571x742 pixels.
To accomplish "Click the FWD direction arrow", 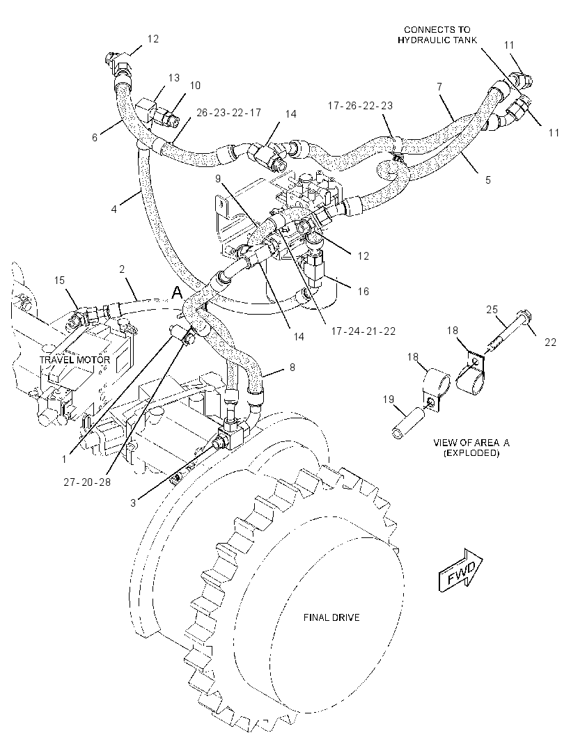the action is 460,570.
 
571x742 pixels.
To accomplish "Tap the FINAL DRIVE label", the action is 331,617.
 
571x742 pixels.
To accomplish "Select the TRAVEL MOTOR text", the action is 75,360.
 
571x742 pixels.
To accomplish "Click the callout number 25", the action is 492,310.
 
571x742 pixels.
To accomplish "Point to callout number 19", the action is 389,400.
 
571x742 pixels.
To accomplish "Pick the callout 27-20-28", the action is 87,482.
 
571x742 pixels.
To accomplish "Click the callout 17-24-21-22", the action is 363,331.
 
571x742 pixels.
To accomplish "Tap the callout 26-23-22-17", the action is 228,113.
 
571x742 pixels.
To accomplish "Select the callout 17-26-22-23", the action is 360,106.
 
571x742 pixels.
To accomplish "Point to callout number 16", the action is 363,291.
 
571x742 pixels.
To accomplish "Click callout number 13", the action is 174,77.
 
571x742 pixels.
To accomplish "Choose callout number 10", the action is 195,85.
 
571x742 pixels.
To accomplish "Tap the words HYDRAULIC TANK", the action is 437,40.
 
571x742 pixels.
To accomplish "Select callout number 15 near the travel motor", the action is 59,281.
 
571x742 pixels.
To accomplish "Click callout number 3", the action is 133,503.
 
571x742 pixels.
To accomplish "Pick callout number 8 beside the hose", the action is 292,368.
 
